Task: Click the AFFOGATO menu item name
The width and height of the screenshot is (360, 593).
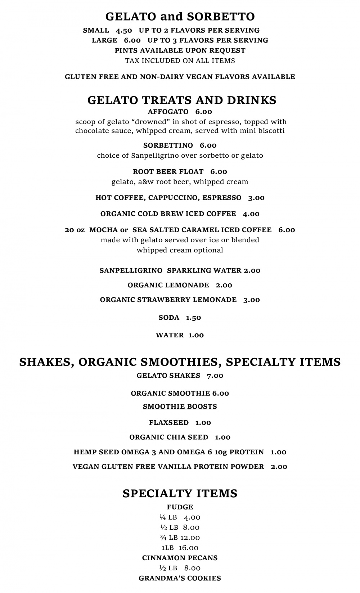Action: pos(168,112)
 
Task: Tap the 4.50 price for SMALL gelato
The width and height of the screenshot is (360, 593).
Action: pos(124,30)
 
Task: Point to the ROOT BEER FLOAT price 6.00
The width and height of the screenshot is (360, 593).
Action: pos(219,172)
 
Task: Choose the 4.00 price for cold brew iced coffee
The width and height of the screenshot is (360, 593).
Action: pos(251,214)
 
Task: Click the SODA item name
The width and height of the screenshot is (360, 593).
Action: pos(169,318)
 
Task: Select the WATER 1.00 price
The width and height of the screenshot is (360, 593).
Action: pos(196,335)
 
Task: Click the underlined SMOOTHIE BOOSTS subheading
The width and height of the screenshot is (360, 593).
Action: pos(180,406)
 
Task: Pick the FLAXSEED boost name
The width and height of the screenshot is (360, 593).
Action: pos(169,423)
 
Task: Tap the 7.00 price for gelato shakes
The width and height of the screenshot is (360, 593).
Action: pos(215,376)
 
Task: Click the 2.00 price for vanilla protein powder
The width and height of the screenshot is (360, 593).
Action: pos(279,467)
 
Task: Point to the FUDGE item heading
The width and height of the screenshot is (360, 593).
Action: pos(180,507)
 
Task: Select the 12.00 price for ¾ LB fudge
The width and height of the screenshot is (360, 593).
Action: pos(190,538)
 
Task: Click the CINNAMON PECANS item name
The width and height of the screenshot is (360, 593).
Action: pos(180,558)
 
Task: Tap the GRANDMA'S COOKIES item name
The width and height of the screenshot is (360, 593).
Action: pos(180,578)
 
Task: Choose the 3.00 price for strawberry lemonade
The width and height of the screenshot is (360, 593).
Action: pos(252,300)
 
